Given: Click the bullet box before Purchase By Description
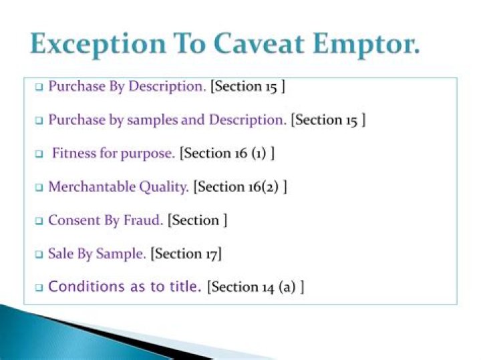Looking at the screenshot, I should [38, 87].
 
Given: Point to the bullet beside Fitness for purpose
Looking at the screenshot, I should [38, 154].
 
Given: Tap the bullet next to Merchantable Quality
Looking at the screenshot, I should [38, 188].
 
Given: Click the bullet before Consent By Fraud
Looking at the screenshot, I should [38, 221].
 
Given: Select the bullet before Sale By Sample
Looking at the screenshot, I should [38, 254].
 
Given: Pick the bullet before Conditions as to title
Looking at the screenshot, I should [38, 288].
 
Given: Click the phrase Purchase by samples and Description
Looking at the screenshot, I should [167, 120].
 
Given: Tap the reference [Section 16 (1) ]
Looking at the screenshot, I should [227, 154].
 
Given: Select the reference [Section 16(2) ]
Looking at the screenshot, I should [240, 187].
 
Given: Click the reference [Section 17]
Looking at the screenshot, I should [186, 254].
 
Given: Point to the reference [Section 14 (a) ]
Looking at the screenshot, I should [256, 287].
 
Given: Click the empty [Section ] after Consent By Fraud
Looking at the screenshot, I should [198, 220].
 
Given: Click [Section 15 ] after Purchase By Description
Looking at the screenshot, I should [249, 87].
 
